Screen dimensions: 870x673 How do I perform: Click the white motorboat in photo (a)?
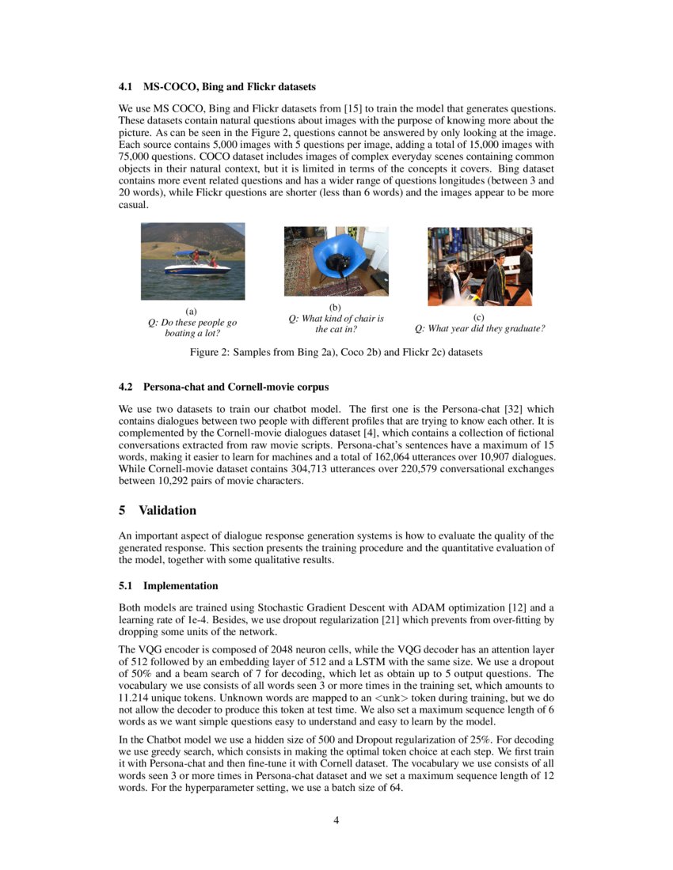tap(197, 267)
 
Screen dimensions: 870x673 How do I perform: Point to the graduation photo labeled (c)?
tap(480, 266)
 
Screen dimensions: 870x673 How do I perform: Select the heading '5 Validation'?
tap(158, 510)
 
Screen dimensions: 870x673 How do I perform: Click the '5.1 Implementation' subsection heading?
tap(168, 586)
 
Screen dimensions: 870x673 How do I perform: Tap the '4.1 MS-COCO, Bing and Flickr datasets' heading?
tap(217, 85)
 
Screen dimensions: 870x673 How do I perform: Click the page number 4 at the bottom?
tap(336, 819)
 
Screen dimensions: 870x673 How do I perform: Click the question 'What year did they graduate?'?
tap(480, 328)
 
